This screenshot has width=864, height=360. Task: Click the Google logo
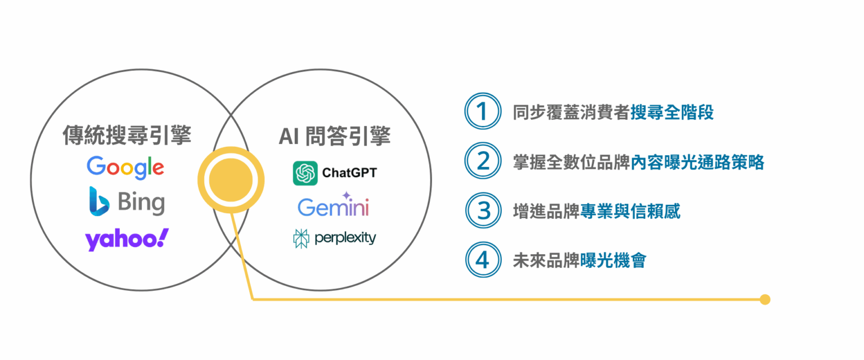point(125,168)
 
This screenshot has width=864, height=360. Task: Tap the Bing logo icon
point(99,201)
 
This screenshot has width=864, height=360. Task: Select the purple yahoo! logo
point(127,240)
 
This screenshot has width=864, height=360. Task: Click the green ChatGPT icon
point(305,173)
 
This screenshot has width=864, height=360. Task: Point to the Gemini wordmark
point(333,207)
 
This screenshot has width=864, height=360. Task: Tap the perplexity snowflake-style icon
point(301,238)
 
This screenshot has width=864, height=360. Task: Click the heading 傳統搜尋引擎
point(127,135)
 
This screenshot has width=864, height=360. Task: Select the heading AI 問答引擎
point(335,136)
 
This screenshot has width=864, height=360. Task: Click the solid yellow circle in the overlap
point(231,180)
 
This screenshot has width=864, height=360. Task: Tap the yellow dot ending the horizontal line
point(765,299)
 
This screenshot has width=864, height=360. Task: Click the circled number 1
point(483,111)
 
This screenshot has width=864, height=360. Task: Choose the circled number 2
point(483,160)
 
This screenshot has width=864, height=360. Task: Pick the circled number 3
point(483,210)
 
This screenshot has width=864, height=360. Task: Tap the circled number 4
point(483,260)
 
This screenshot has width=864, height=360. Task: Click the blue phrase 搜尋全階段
point(672,112)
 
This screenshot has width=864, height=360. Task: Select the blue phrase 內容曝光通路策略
point(697,162)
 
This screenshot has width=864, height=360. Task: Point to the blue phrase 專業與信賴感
point(630,211)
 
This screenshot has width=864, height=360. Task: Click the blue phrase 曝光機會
point(613,261)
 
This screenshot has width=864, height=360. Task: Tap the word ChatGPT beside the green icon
point(349,173)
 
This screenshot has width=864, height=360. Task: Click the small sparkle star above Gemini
point(346,195)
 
